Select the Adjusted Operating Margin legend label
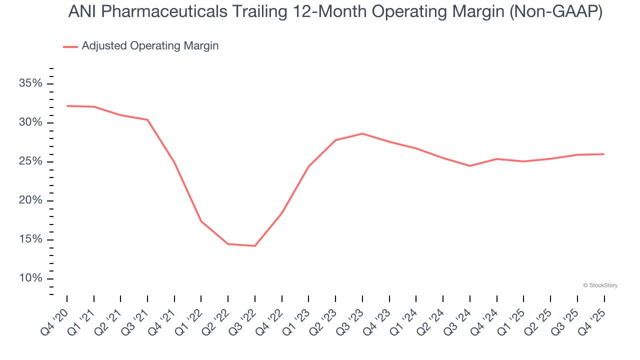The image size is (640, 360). pos(150,46)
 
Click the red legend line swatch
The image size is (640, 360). pos(70,46)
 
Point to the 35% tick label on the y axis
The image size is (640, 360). pos(30,83)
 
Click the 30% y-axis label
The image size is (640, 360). pos(30,122)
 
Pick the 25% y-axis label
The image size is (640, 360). pos(30,161)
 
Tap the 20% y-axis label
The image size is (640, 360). pos(30,200)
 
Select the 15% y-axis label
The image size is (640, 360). pos(30,239)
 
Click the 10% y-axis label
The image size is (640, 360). pos(30,278)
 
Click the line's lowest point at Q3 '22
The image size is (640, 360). pos(255,246)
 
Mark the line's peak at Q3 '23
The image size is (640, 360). pos(362,133)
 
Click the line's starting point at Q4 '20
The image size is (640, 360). pos(67,106)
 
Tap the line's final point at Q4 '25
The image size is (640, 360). pos(604,154)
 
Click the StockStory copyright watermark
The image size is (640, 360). pos(600,285)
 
